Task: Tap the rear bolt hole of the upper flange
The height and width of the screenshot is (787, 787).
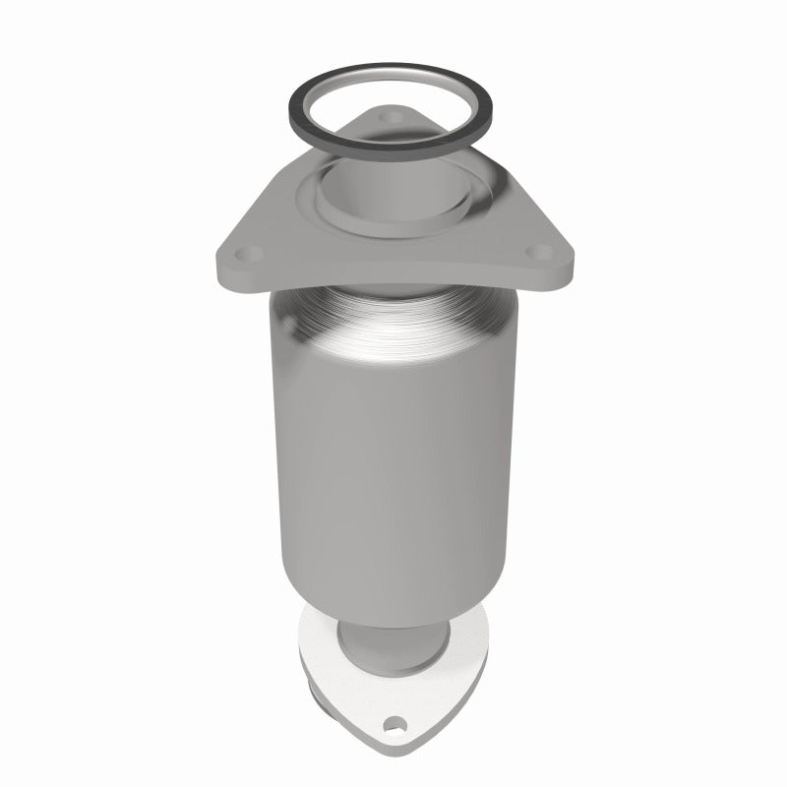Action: [x=395, y=118]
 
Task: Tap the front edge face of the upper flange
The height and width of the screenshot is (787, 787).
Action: [x=393, y=278]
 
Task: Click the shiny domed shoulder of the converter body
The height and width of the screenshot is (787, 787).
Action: [x=393, y=325]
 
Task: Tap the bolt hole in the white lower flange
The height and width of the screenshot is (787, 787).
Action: [x=395, y=729]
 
